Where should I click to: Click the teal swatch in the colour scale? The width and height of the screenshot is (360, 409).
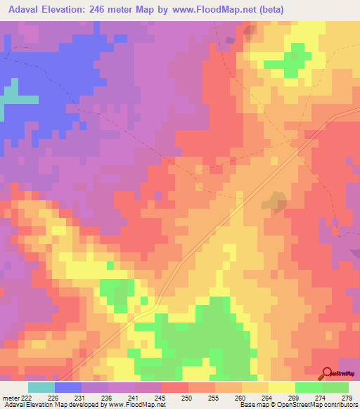pos(41,387)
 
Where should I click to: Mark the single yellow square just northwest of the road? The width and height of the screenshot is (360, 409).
pos(110,265)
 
